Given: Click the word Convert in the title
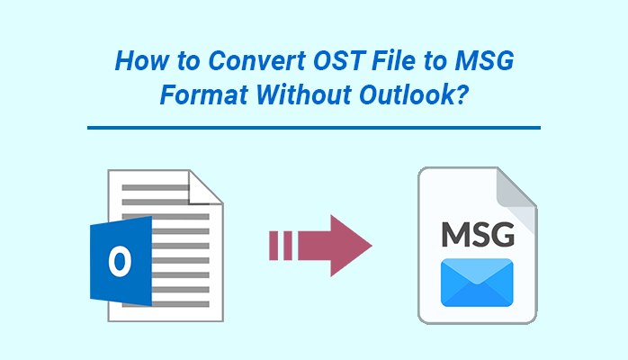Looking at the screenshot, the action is pyautogui.click(x=257, y=61).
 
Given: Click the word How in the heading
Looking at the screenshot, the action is pyautogui.click(x=142, y=61).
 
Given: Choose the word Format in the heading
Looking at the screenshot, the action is pyautogui.click(x=204, y=94).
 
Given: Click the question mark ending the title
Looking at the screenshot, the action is pyautogui.click(x=462, y=94).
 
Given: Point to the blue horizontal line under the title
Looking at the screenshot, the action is pyautogui.click(x=314, y=128).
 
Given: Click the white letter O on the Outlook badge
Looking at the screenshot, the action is pyautogui.click(x=120, y=261).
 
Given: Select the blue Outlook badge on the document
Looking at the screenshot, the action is pyautogui.click(x=121, y=261).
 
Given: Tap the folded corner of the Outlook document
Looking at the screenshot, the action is pyautogui.click(x=205, y=187).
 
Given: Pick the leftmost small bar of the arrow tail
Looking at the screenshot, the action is pyautogui.click(x=274, y=246).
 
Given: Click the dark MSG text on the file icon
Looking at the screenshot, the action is pyautogui.click(x=478, y=234).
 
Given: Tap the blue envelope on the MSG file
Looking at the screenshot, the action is pyautogui.click(x=477, y=283).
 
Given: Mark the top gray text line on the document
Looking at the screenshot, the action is pyautogui.click(x=156, y=187).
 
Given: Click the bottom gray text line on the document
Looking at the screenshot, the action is pyautogui.click(x=180, y=304).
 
